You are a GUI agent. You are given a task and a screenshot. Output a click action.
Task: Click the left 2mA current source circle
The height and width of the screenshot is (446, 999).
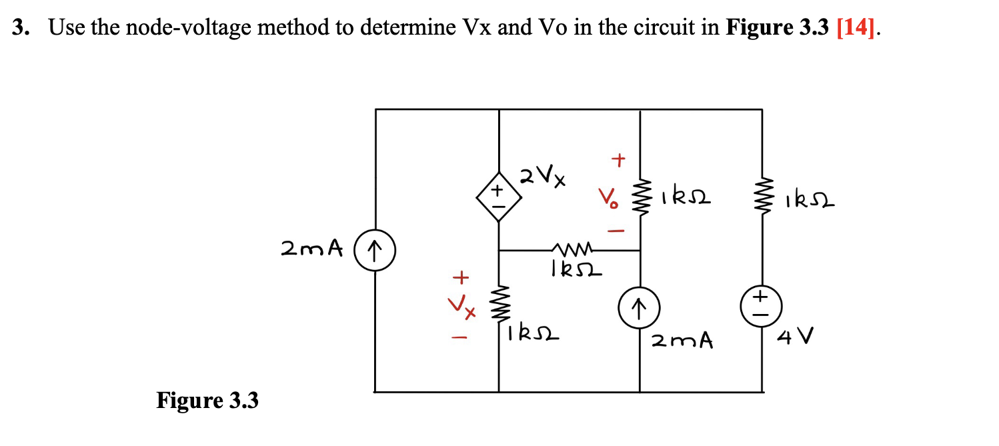(375, 251)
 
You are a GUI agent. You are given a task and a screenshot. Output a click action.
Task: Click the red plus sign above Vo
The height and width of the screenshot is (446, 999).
(618, 160)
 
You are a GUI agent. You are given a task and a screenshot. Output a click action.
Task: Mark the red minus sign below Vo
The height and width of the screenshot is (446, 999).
(617, 231)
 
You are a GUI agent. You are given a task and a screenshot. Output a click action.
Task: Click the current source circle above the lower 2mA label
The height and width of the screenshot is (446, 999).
(640, 307)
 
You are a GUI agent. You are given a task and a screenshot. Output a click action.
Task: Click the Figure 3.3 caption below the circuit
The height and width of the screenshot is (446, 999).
(207, 401)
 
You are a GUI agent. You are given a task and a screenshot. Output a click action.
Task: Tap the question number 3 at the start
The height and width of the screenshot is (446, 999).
(21, 28)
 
